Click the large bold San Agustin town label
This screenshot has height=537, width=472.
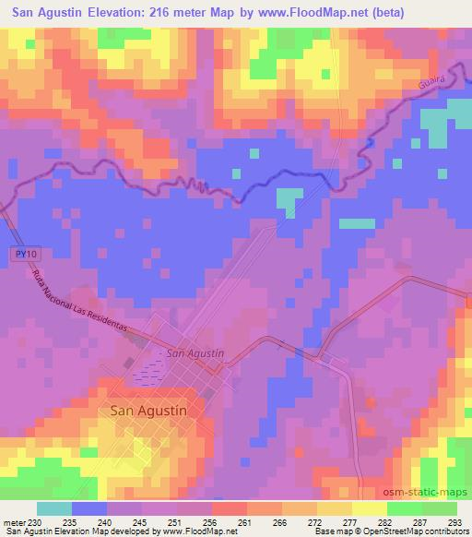148,412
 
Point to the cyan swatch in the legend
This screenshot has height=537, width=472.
54,509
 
